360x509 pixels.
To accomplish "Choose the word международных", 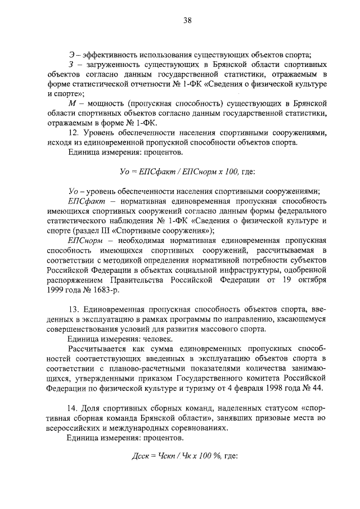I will click(148, 427).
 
